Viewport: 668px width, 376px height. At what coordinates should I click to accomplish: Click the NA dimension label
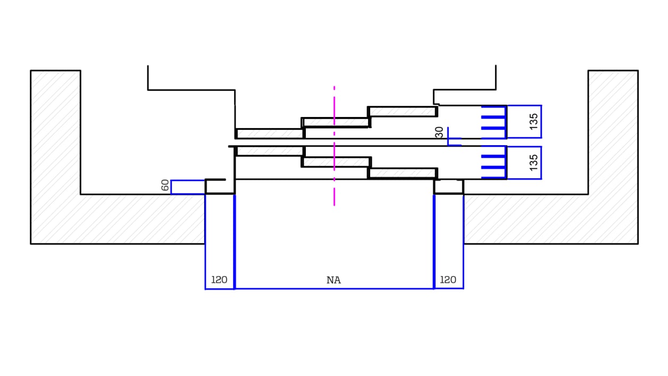333,280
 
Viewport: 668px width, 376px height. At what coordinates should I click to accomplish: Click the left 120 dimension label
219,280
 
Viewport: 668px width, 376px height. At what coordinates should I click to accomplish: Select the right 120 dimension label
448,280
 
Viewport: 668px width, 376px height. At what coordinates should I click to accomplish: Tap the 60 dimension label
165,186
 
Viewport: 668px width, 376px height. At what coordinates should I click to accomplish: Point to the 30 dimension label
440,132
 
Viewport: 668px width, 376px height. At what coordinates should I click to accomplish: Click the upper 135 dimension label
534,122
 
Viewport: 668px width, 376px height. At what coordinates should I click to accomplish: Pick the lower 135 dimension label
534,162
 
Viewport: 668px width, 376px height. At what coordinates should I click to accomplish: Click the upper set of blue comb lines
494,122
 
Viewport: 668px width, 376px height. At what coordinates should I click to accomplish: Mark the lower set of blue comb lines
494,162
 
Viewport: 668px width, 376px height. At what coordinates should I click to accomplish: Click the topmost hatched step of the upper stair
402,112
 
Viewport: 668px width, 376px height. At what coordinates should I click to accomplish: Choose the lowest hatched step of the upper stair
269,133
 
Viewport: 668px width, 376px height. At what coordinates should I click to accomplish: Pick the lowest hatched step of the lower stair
403,173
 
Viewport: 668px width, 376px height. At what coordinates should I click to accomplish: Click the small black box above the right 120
449,187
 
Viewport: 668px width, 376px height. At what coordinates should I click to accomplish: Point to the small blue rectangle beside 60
188,187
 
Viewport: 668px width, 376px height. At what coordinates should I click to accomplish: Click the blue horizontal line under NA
334,289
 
